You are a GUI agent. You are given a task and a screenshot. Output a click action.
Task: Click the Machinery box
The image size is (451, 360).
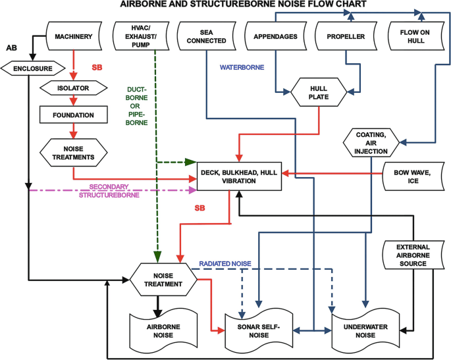click(74, 36)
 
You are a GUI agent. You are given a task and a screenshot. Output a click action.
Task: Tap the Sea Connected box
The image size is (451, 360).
click(212, 36)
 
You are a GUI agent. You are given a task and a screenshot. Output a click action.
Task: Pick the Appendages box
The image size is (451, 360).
click(275, 36)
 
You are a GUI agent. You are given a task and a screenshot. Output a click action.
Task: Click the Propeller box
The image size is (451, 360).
click(346, 36)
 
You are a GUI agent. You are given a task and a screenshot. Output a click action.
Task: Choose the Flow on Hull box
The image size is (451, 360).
click(416, 36)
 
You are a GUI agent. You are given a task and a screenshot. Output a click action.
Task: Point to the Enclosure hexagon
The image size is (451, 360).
click(30, 68)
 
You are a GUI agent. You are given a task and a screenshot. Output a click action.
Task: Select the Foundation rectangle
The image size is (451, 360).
click(74, 115)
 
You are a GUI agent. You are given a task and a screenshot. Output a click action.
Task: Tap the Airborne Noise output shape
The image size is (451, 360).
click(159, 330)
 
